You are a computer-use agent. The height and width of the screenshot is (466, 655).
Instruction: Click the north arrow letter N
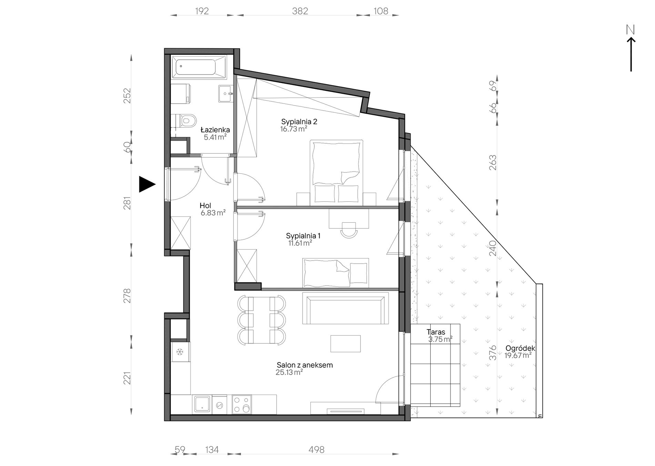click(x=631, y=30)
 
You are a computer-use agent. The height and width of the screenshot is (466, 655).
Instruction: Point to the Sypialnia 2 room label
click(x=299, y=122)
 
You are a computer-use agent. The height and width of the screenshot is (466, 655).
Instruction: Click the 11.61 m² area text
click(x=300, y=243)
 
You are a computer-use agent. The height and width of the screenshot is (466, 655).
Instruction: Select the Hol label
click(x=205, y=206)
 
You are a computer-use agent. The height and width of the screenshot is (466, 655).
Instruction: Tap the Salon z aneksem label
click(x=305, y=365)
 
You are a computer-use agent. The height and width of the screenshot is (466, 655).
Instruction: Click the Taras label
click(x=436, y=332)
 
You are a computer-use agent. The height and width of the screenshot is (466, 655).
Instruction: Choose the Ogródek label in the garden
click(x=521, y=348)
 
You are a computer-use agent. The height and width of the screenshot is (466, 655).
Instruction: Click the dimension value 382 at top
click(x=300, y=11)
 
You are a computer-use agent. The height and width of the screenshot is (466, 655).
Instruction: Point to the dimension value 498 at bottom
click(x=316, y=449)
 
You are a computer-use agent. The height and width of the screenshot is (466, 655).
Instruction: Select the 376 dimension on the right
click(x=493, y=353)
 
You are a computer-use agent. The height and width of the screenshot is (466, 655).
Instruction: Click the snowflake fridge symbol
click(x=180, y=352)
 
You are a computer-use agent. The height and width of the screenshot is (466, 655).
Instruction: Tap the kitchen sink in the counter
click(x=202, y=404)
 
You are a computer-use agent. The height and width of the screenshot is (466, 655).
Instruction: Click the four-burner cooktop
click(x=242, y=405)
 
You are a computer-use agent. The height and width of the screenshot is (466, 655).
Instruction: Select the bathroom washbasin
click(x=226, y=93)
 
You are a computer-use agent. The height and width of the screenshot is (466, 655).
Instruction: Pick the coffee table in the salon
click(x=345, y=344)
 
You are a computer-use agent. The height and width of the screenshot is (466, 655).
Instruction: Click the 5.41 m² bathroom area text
click(x=215, y=137)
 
